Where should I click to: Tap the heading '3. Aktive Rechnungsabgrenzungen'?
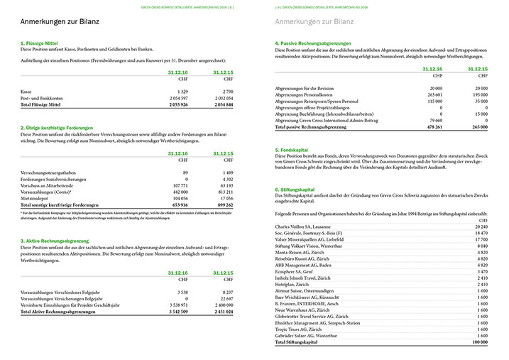[x=60, y=242]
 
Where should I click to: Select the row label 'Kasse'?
[x=28, y=92]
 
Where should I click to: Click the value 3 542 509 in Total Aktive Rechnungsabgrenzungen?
[x=174, y=311]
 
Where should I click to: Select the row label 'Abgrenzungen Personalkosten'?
[x=305, y=94]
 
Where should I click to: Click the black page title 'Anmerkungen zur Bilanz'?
[x=59, y=23]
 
